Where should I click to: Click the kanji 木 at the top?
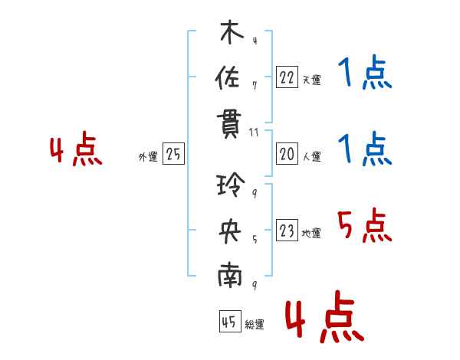(x=232, y=31)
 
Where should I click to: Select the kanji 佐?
(x=228, y=77)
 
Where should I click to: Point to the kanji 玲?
(x=231, y=184)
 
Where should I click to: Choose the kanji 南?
(x=230, y=275)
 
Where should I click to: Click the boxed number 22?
(x=287, y=77)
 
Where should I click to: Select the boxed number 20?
(x=287, y=154)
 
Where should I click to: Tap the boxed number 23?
(x=287, y=230)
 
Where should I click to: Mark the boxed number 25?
(x=173, y=153)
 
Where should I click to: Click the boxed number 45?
(x=230, y=321)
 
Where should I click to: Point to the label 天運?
(x=312, y=80)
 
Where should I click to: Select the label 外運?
(x=148, y=156)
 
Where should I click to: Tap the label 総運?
(x=255, y=324)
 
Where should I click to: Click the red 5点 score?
(x=365, y=225)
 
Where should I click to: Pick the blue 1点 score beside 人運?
(x=365, y=149)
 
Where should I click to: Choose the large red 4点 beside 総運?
(x=325, y=316)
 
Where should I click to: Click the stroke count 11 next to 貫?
(x=254, y=133)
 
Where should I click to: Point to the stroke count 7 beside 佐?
(x=255, y=86)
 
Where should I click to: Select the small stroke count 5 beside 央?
(x=255, y=240)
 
